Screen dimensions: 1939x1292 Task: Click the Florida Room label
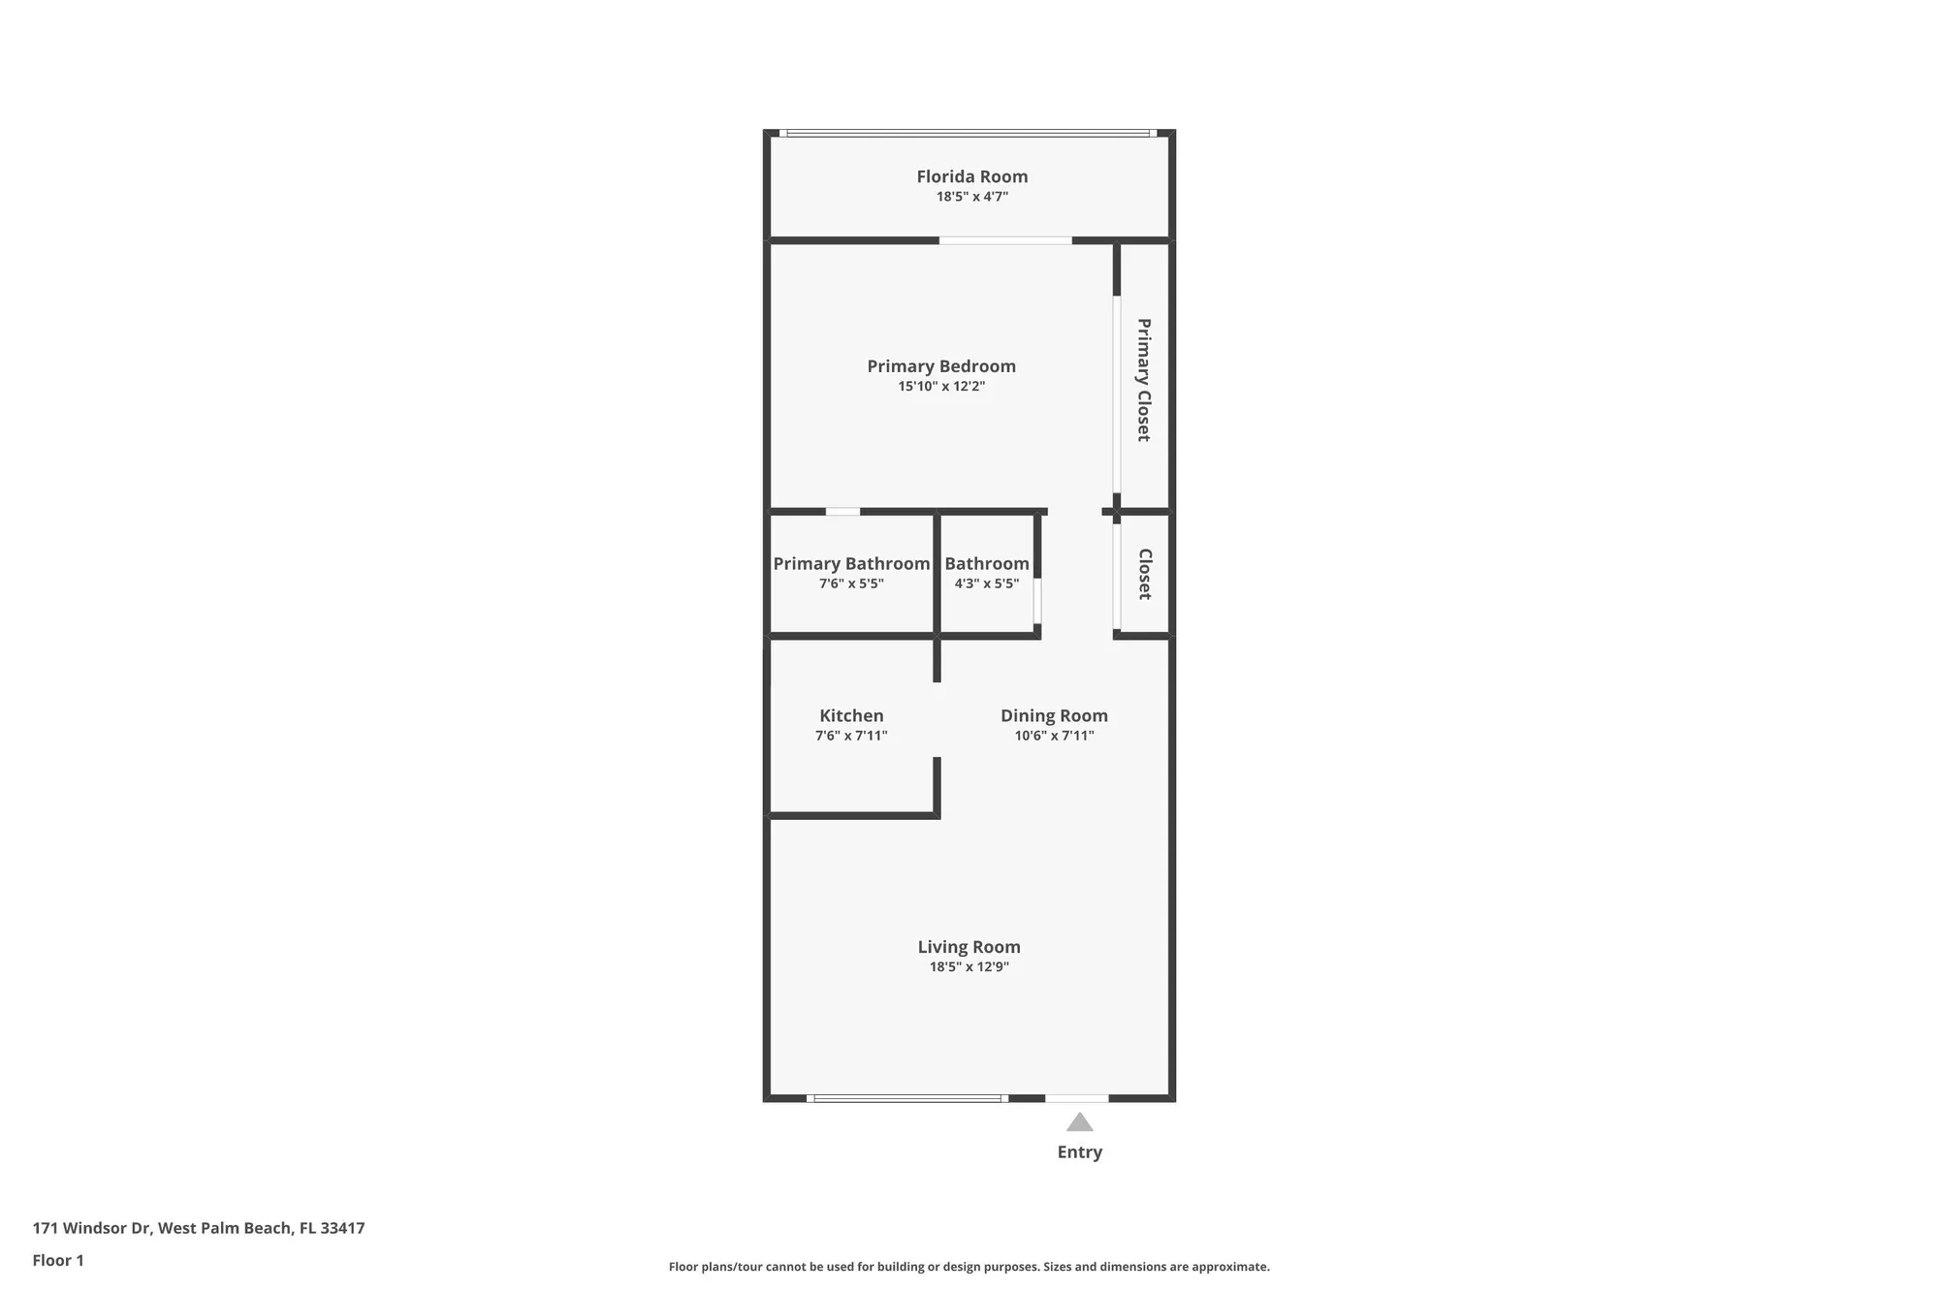coord(972,176)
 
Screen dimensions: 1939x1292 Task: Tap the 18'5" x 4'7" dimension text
coord(972,197)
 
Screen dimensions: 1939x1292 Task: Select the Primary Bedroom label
coord(941,366)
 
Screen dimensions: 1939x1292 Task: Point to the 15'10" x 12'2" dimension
coord(941,387)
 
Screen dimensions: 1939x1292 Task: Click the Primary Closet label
coord(1144,380)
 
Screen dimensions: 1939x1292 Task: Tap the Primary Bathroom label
coord(851,564)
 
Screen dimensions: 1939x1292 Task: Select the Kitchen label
coord(851,716)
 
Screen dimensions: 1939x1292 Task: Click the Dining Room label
coord(1054,716)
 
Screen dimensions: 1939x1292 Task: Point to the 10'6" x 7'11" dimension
coord(1054,736)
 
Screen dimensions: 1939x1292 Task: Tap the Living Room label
coord(969,947)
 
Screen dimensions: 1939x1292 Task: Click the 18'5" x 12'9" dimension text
coord(969,967)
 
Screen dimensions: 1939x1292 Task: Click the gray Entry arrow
coord(1080,1122)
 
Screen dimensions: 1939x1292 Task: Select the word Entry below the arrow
coord(1080,1152)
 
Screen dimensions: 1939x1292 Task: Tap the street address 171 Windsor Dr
coord(92,1228)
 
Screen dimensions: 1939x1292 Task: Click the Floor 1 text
coord(58,1260)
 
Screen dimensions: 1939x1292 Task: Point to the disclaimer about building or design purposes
coord(969,1267)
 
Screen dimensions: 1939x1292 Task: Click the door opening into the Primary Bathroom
coord(842,512)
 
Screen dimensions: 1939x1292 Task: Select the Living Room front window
coord(907,1098)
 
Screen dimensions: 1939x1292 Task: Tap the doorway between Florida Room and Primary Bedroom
coord(1005,240)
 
